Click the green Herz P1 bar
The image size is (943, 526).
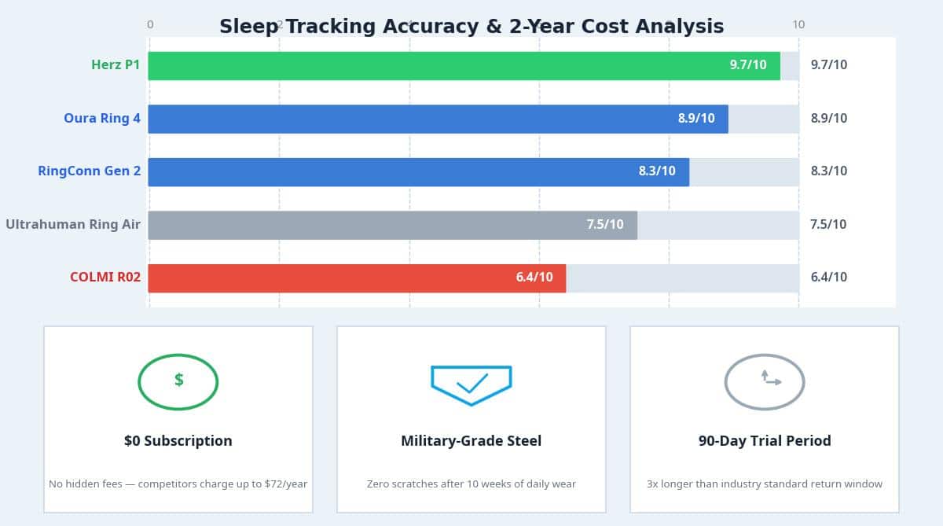coord(464,66)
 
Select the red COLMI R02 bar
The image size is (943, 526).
coord(357,278)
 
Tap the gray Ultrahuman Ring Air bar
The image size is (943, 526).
coord(392,225)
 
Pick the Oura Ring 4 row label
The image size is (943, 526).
coord(102,119)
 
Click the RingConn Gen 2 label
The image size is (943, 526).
coord(90,171)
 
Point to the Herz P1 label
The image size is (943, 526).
coord(116,65)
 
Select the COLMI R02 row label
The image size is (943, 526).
coord(105,278)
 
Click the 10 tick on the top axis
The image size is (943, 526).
coord(798,24)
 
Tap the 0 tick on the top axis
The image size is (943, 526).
coord(150,24)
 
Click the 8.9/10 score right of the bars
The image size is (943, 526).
coord(828,119)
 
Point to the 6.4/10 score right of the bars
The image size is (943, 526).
coord(828,278)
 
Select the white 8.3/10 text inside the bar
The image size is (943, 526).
coord(656,171)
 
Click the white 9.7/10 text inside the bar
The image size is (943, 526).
coord(747,65)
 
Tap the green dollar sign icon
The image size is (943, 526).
coord(178,381)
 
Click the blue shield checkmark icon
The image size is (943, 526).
coord(471,384)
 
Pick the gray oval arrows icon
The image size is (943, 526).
coord(764,381)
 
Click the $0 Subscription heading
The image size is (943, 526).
coord(178,441)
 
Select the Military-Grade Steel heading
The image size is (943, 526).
coord(471,441)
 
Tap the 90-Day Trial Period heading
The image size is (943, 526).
coord(764,441)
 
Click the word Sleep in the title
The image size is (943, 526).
coord(248,27)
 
